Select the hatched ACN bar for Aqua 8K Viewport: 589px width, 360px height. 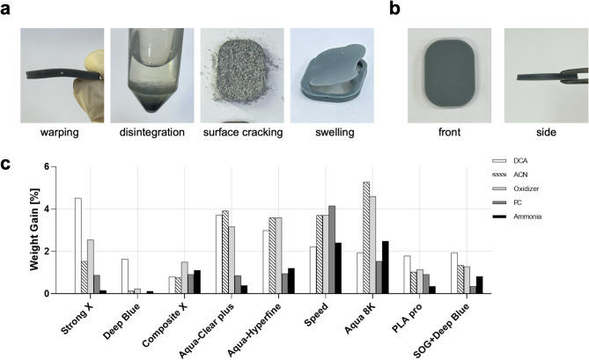[366, 237]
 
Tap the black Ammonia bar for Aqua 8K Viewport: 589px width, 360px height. [385, 267]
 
